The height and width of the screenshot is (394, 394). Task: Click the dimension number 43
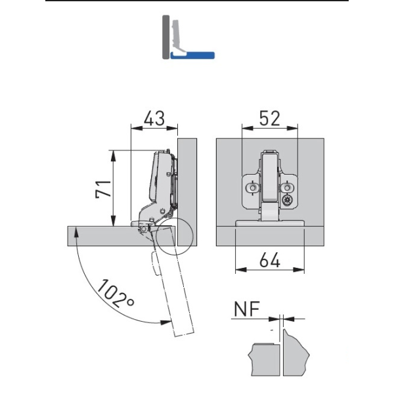(154, 118)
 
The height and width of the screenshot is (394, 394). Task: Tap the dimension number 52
(270, 118)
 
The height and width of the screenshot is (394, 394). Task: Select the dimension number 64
(270, 260)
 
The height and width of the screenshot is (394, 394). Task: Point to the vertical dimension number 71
(103, 189)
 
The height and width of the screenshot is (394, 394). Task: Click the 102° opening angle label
(116, 294)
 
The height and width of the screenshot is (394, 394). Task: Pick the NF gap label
(246, 309)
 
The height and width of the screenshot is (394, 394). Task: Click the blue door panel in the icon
(192, 55)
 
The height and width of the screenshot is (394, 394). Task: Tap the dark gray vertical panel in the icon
(166, 37)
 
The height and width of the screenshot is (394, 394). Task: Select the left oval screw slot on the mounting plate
(253, 187)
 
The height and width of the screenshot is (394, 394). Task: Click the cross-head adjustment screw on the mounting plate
(287, 200)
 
